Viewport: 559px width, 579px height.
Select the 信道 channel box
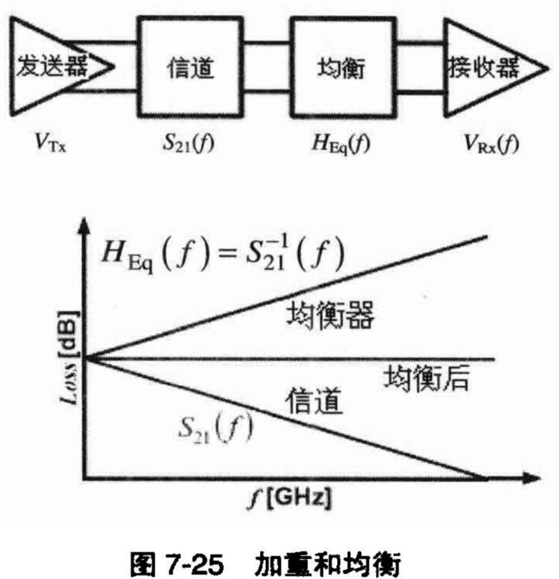191,65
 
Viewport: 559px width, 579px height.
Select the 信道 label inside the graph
314,400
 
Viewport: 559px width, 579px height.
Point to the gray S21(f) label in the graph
214,429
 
